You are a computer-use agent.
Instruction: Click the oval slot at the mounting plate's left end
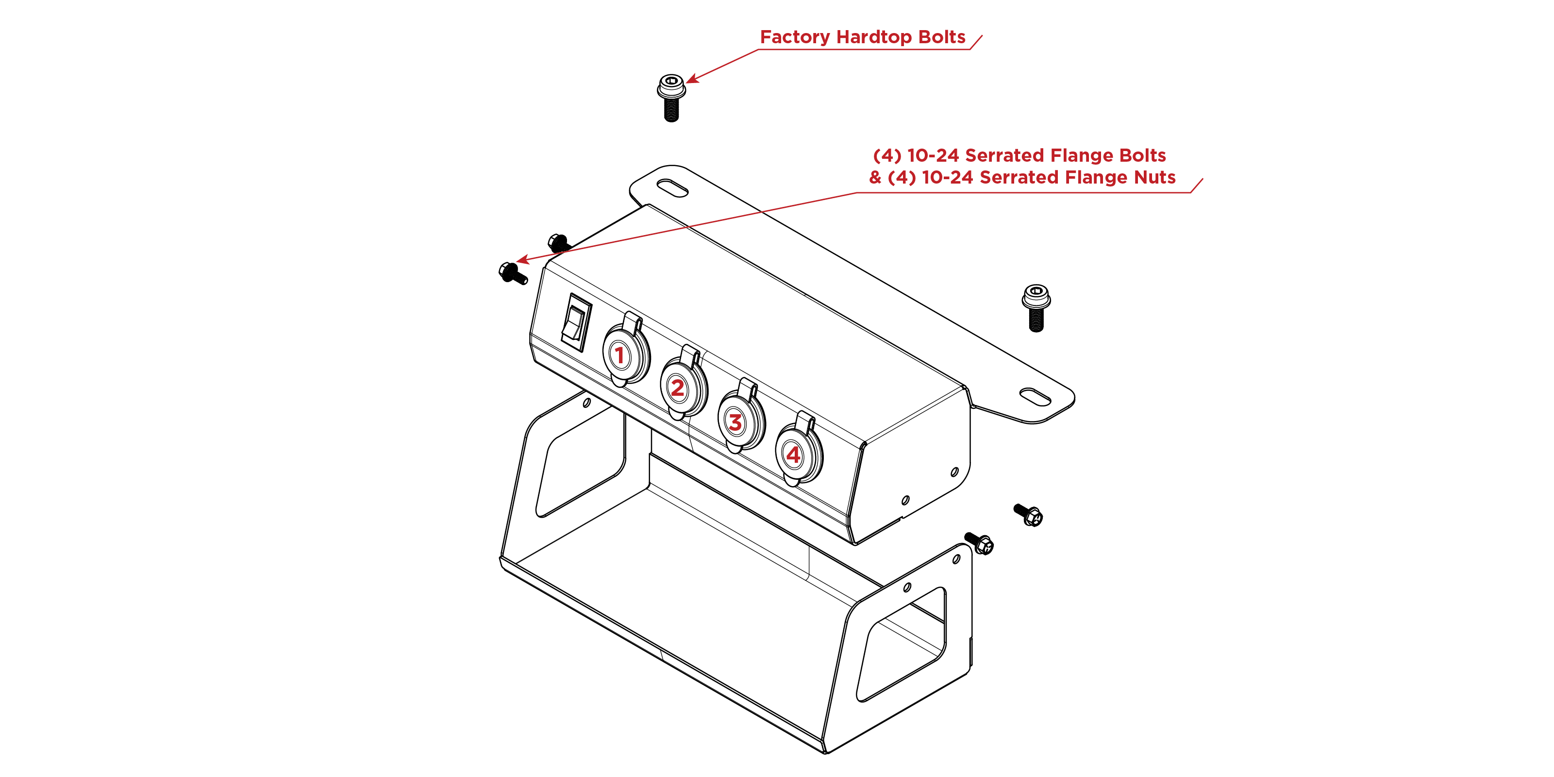coord(672,187)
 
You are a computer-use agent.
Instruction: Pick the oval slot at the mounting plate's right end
coord(1035,397)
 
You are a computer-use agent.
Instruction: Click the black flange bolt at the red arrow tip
coord(512,273)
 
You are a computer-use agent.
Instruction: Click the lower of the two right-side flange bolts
coord(979,542)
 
